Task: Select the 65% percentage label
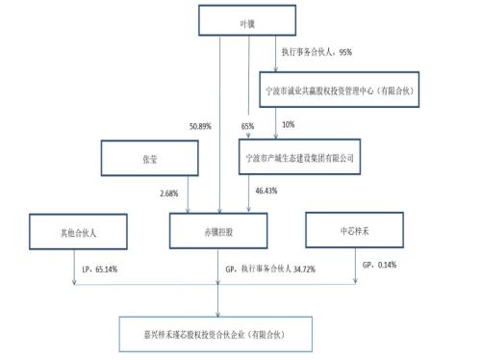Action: (x=247, y=125)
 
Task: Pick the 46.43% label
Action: (x=266, y=192)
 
